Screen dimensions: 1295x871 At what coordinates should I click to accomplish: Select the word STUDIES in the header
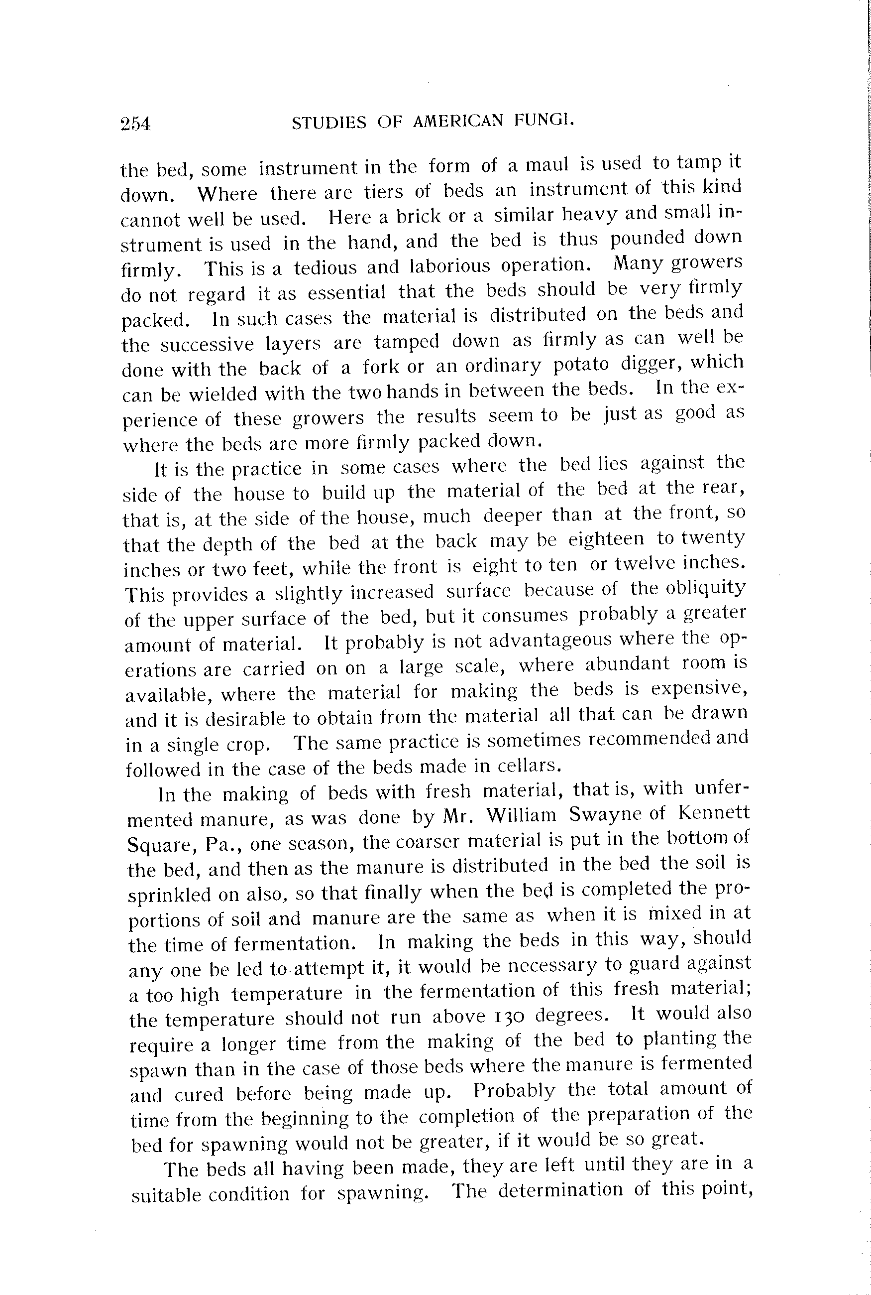[329, 122]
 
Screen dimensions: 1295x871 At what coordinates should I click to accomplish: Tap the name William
[521, 815]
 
